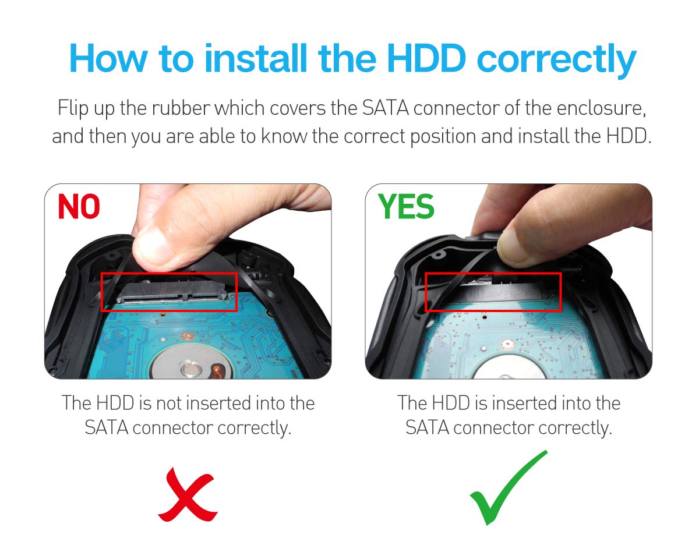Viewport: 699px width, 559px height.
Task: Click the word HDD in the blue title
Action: (x=426, y=58)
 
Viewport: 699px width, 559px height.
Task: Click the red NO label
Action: (x=79, y=206)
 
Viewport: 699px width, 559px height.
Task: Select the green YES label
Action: (x=406, y=206)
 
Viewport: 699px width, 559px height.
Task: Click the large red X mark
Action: (x=188, y=495)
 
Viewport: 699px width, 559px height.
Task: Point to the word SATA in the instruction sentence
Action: (x=385, y=108)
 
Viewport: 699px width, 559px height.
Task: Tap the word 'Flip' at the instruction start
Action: (x=73, y=108)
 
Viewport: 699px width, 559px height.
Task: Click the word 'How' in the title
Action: (x=109, y=58)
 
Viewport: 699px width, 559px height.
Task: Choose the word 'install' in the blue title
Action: (x=256, y=58)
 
